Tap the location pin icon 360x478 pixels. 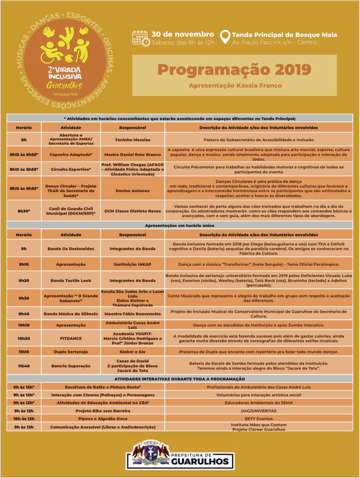click(x=225, y=37)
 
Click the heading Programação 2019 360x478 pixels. click(x=234, y=70)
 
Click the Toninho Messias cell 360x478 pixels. click(x=133, y=140)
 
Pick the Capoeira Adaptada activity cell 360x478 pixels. click(x=71, y=154)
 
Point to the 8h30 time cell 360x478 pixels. click(x=24, y=211)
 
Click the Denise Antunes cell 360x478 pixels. click(x=133, y=190)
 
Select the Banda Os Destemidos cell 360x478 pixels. click(x=71, y=249)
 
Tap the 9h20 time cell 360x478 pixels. click(x=24, y=280)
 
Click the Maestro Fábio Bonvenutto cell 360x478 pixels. click(x=133, y=314)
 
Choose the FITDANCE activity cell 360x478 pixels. click(x=71, y=338)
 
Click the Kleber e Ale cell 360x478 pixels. click(x=133, y=351)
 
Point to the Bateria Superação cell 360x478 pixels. click(x=71, y=366)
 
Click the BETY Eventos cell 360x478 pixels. click(x=259, y=419)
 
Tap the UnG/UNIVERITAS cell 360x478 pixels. click(x=259, y=411)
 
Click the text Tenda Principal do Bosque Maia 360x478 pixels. click(x=284, y=35)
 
